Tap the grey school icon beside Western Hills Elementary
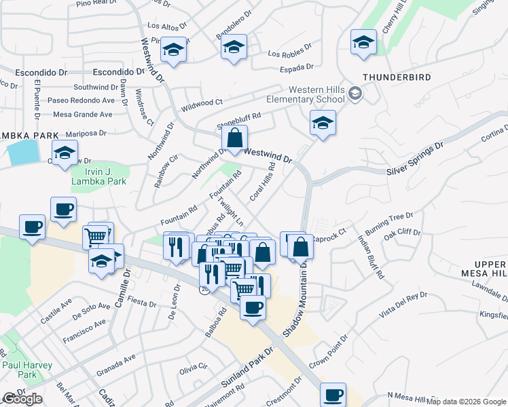tap(355, 94)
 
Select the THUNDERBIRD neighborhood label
tap(397, 77)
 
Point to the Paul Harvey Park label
tap(28, 370)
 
